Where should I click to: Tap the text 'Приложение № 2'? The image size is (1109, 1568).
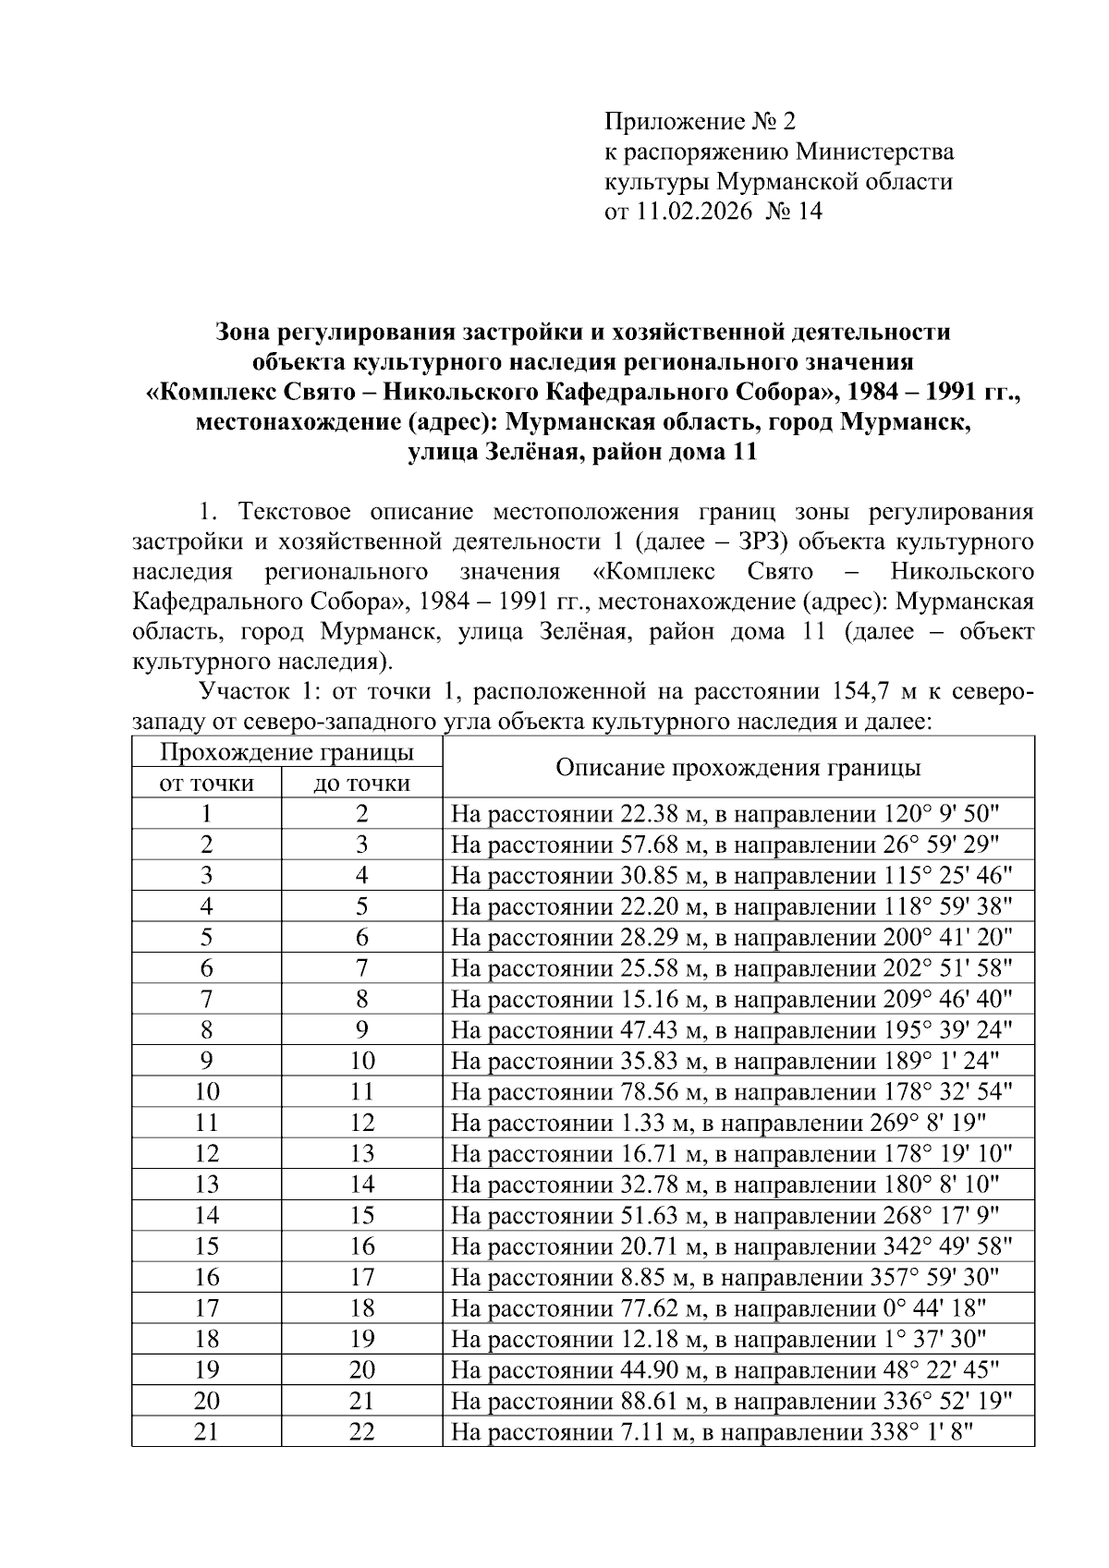click(699, 121)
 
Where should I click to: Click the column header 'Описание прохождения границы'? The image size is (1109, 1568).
click(737, 768)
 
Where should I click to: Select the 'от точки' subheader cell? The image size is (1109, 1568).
click(206, 784)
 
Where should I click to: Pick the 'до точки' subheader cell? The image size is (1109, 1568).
click(361, 784)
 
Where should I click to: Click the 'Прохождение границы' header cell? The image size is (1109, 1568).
click(286, 752)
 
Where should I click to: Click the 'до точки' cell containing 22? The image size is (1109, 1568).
click(361, 1432)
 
